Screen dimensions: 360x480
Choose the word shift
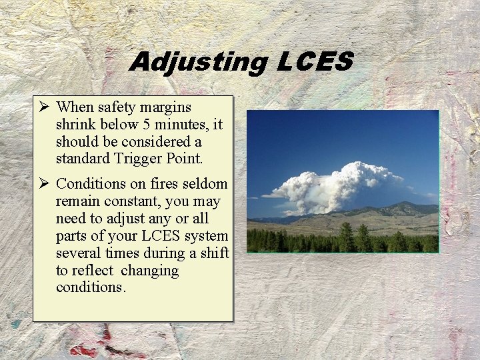(x=215, y=253)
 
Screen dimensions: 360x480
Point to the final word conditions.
(x=91, y=288)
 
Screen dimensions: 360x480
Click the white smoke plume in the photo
(x=333, y=183)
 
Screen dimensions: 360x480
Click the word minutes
(x=179, y=124)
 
